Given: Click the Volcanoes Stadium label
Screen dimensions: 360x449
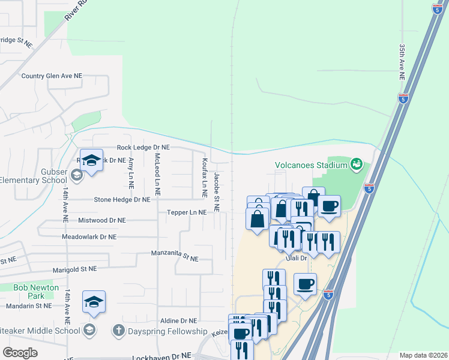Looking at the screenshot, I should point(311,165).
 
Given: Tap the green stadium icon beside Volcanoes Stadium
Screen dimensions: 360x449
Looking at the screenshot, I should point(357,163).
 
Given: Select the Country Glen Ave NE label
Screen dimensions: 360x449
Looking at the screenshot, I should point(52,76).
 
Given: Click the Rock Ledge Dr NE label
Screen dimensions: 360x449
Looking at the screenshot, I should point(143,147).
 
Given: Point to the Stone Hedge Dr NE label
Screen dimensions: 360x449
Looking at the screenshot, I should point(122,199).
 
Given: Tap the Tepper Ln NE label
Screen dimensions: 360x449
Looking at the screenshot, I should point(187,212).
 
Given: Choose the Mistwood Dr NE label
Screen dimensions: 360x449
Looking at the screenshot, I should point(102,220).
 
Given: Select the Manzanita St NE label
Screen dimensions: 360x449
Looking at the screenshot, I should point(174,258).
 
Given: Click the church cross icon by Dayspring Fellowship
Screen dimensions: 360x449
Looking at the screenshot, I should point(119,331).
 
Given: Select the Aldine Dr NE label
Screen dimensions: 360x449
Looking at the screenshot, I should point(178,321).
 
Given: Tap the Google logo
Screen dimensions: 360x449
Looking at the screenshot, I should point(20,353).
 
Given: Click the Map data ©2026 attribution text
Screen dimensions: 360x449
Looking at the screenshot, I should point(423,355).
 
